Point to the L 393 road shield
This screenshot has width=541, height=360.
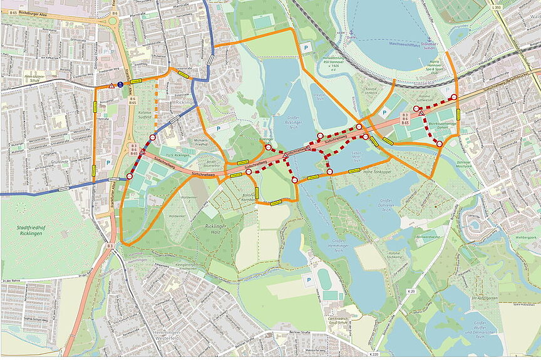(x=497, y=7)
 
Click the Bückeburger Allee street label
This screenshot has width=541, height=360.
(x=37, y=13)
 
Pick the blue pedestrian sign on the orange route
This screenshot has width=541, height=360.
(x=120, y=85)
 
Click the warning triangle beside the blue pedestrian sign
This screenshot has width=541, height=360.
(x=111, y=85)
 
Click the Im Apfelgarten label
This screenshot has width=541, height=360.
(x=483, y=299)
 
